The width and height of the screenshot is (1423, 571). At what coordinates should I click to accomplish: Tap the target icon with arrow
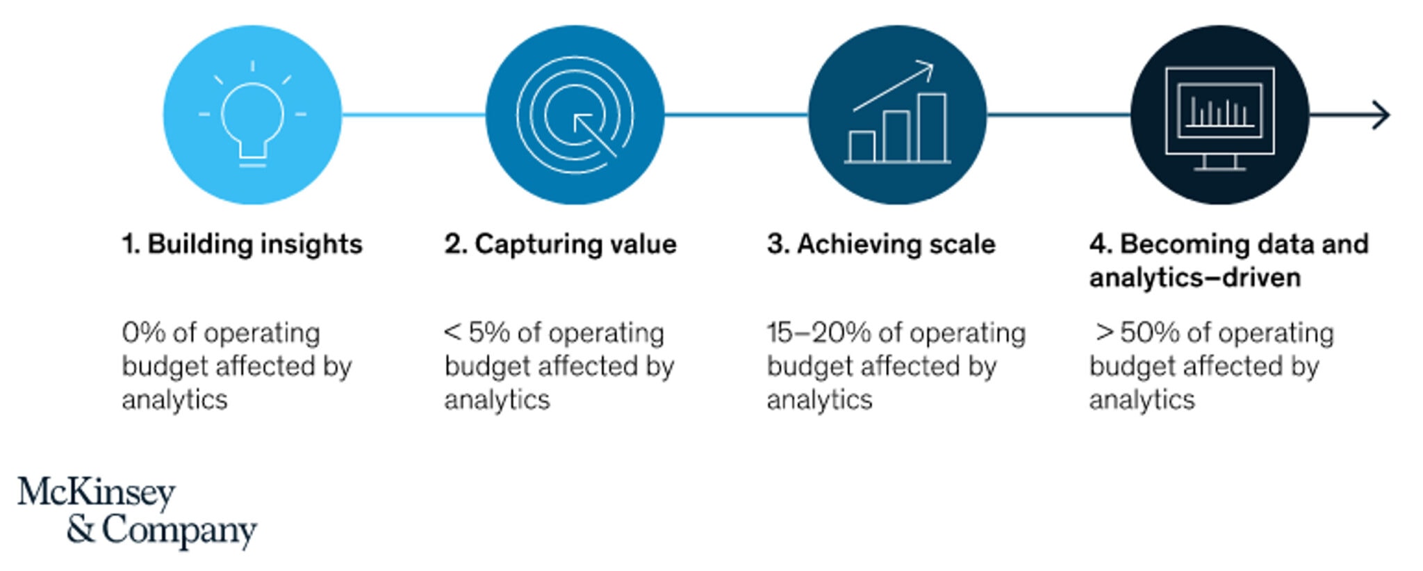click(x=575, y=115)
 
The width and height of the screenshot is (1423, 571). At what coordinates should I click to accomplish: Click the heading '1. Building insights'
click(x=242, y=245)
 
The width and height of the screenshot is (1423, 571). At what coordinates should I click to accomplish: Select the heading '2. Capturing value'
click(x=560, y=245)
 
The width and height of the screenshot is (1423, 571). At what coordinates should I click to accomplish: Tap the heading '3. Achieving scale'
click(x=881, y=245)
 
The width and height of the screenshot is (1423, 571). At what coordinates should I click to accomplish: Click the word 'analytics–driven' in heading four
click(x=1195, y=278)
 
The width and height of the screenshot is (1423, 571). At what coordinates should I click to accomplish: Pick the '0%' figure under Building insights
click(x=144, y=333)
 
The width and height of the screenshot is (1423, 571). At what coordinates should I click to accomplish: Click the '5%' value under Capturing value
click(x=489, y=333)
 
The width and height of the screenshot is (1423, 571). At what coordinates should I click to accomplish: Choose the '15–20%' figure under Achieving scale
click(x=819, y=333)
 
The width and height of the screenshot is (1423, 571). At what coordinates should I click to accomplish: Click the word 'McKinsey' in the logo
click(x=97, y=493)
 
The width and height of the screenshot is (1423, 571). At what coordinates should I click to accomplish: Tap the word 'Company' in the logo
click(x=179, y=530)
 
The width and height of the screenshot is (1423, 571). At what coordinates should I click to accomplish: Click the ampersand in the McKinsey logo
click(x=81, y=529)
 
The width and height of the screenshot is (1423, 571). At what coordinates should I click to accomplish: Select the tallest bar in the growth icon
click(x=932, y=128)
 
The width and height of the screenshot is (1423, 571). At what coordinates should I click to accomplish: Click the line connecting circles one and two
click(x=413, y=115)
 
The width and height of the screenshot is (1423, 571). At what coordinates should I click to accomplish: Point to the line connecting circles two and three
click(x=736, y=115)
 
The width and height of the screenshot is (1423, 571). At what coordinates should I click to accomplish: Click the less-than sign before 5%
click(x=452, y=332)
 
